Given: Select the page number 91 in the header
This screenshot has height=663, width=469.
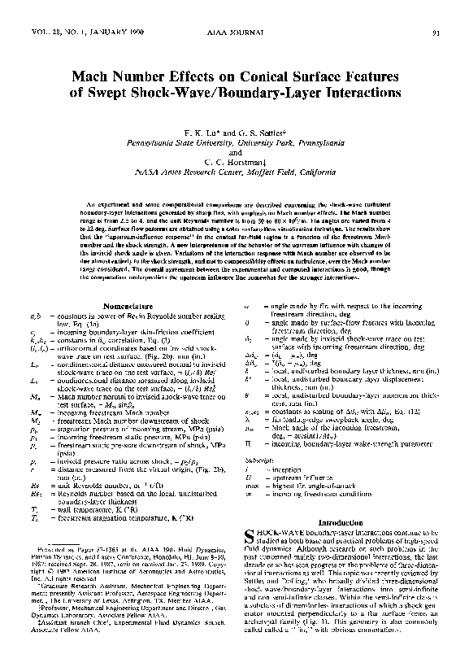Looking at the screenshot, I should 436,33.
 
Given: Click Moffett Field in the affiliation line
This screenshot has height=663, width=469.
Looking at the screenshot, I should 267,172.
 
